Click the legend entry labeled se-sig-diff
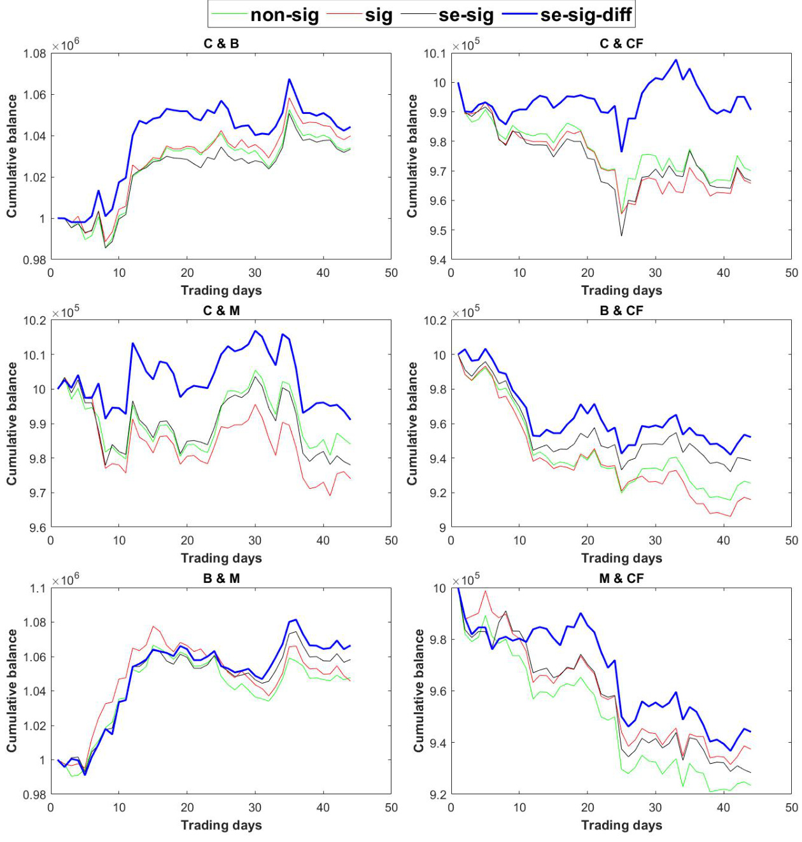click(x=586, y=15)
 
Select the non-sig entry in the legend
click(x=284, y=15)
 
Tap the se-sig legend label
click(x=466, y=15)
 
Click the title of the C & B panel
click(x=221, y=44)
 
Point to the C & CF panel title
click(x=621, y=44)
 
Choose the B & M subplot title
click(x=221, y=579)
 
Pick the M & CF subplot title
click(x=621, y=579)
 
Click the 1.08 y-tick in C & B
click(x=34, y=53)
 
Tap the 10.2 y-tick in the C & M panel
click(x=34, y=320)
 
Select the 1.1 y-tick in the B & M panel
click(x=38, y=588)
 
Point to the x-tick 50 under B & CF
click(x=791, y=540)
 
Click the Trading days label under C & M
click(x=221, y=558)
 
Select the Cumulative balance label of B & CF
click(x=412, y=423)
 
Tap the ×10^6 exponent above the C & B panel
click(x=66, y=45)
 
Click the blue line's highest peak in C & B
click(x=290, y=80)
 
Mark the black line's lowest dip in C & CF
click(x=621, y=235)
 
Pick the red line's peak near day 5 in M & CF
click(x=486, y=591)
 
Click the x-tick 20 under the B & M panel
click(x=187, y=808)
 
